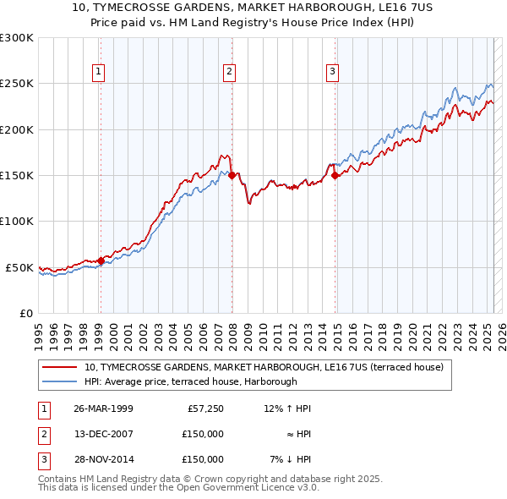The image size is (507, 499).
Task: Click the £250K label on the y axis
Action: pyautogui.click(x=17, y=84)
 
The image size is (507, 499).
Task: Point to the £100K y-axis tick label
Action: pyautogui.click(x=17, y=222)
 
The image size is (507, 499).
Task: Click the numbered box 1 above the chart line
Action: pyautogui.click(x=100, y=73)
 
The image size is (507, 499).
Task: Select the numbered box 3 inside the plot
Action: pyautogui.click(x=333, y=73)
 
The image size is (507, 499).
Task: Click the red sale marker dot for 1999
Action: pyautogui.click(x=101, y=260)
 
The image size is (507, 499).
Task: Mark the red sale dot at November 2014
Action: pyautogui.click(x=335, y=175)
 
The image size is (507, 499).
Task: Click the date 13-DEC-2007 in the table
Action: pyautogui.click(x=103, y=434)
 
